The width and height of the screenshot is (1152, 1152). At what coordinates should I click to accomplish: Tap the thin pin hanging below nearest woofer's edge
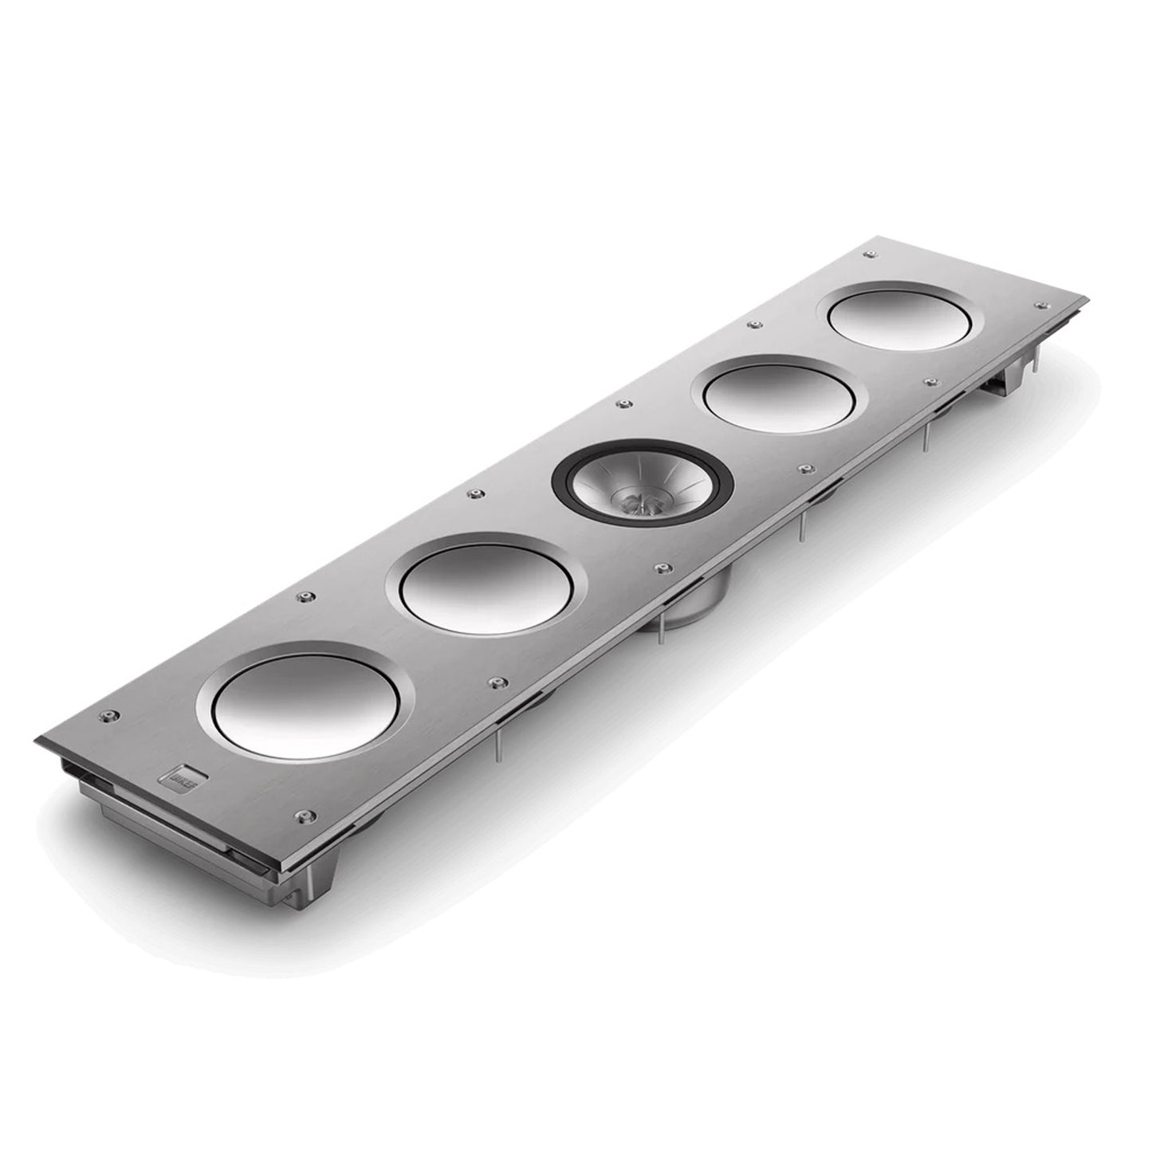[x=497, y=745]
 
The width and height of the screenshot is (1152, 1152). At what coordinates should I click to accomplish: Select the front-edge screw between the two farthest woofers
[x=928, y=382]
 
